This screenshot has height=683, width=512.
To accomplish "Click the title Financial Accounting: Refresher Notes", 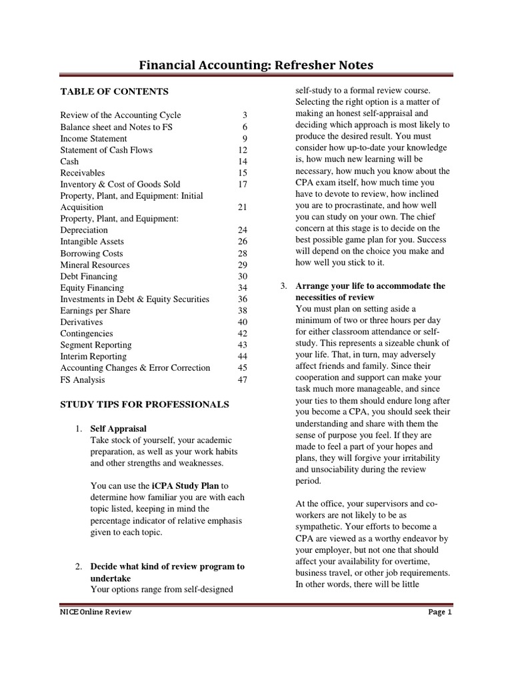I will [x=256, y=65].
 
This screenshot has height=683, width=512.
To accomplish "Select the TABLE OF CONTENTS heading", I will [x=114, y=91].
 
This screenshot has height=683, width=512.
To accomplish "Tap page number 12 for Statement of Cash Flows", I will [x=243, y=150].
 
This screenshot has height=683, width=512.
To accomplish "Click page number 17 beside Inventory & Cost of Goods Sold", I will [x=243, y=184].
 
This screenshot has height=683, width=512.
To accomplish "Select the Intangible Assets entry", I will [x=92, y=241].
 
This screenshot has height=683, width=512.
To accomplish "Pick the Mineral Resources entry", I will [x=95, y=265].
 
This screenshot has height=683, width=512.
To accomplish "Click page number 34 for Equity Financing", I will [x=243, y=287].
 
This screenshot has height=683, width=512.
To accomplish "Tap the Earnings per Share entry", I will [x=95, y=311].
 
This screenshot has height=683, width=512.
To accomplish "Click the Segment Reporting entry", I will [x=96, y=345].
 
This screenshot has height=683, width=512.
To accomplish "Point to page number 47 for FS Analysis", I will [x=243, y=380].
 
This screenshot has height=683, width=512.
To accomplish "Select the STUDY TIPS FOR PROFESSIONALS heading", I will [x=145, y=404].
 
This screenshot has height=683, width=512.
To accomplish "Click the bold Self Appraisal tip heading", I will [x=118, y=428].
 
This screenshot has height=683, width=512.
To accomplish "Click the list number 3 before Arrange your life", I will [x=283, y=286].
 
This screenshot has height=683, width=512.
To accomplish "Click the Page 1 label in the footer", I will [x=440, y=612].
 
